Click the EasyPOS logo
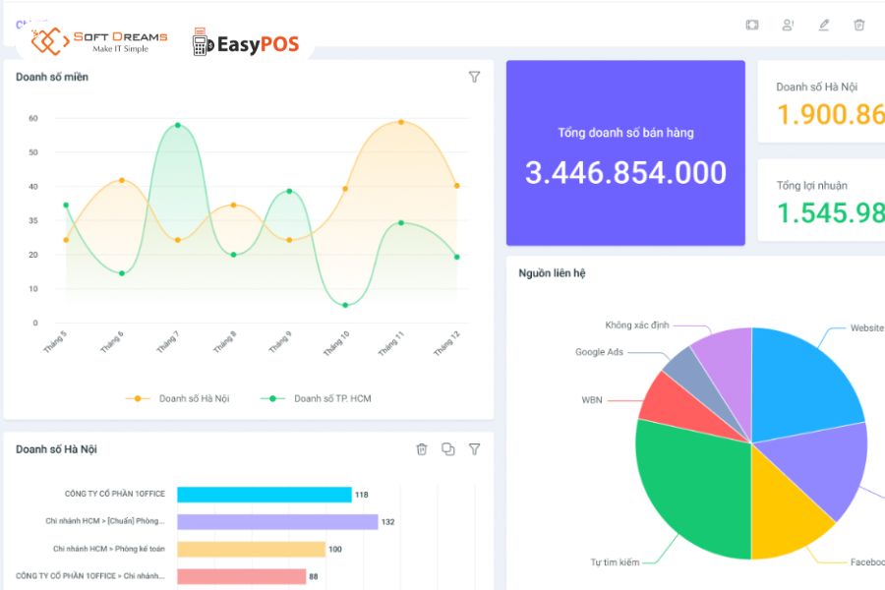[245, 43]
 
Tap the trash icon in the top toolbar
[859, 25]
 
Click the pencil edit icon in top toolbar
[824, 25]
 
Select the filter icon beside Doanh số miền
[474, 77]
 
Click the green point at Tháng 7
[178, 125]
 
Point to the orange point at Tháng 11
[400, 122]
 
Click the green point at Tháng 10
[345, 305]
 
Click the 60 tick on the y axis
[32, 118]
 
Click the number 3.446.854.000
[625, 173]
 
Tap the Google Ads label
[599, 352]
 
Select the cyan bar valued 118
[264, 495]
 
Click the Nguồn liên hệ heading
[552, 273]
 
